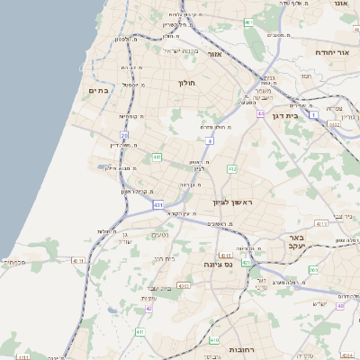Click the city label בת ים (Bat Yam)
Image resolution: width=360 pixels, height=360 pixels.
click(x=98, y=91)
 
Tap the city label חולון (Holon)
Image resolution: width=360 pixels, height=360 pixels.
click(x=186, y=83)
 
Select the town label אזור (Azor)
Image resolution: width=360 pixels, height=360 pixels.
click(x=215, y=54)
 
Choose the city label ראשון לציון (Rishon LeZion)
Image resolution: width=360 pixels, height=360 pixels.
click(x=233, y=203)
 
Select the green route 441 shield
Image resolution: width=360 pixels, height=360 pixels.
click(x=157, y=157)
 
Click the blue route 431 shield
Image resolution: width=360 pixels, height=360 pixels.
click(x=158, y=206)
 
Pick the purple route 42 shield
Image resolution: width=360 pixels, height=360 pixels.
click(x=148, y=308)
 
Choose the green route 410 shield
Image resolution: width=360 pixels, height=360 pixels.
click(x=213, y=340)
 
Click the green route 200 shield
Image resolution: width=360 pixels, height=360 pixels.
click(x=314, y=270)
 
